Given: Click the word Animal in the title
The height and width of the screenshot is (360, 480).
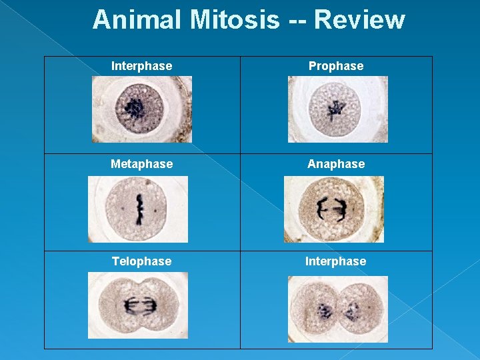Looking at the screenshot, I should click(x=138, y=20).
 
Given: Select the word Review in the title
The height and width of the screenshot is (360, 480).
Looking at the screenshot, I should click(x=359, y=20).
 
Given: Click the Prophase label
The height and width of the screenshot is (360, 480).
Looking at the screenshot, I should click(x=336, y=66).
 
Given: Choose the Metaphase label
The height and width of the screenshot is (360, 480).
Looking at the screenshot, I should click(x=142, y=164).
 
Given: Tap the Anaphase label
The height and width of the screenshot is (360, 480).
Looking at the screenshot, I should click(x=336, y=164).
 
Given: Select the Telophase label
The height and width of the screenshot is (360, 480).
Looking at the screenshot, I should click(x=141, y=261).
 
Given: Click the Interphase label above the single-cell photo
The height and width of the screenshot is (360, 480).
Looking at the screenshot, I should click(x=141, y=66).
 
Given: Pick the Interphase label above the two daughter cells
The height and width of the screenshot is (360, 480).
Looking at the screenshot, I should click(x=335, y=261).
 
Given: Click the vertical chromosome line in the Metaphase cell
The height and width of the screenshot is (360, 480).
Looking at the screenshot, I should click(x=140, y=209).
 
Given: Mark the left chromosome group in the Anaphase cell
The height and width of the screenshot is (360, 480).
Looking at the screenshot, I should click(x=322, y=209).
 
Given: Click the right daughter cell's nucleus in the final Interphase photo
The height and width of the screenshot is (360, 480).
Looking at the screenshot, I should click(x=352, y=311).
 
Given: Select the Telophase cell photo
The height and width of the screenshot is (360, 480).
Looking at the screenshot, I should click(x=138, y=305).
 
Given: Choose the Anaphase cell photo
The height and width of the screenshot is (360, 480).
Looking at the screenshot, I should click(x=334, y=209).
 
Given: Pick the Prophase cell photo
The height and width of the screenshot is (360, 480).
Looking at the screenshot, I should click(x=337, y=109).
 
